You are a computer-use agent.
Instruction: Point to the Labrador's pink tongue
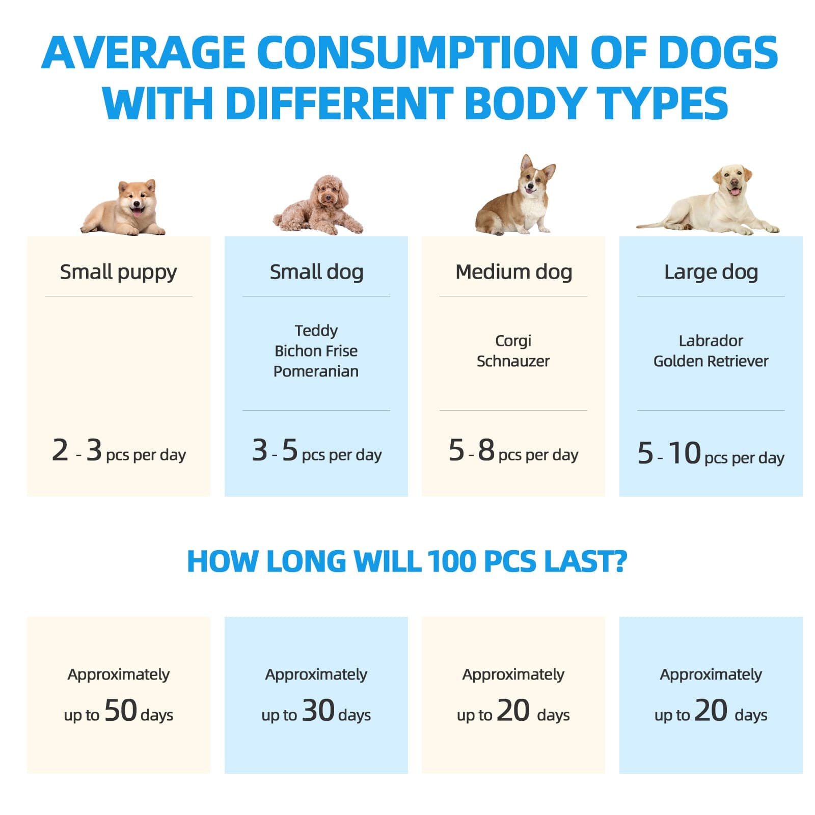[x=735, y=192]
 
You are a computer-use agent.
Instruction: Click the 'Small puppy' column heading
[x=118, y=272]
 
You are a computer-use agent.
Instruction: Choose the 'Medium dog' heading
[x=513, y=272]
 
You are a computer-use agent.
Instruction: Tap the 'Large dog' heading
[x=711, y=272]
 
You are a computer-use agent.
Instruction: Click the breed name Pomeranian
[x=316, y=371]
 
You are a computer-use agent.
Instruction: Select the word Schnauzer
[x=513, y=361]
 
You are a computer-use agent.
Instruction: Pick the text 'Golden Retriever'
[x=711, y=361]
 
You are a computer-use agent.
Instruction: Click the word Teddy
[x=316, y=331]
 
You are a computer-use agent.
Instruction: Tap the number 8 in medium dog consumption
[x=486, y=450]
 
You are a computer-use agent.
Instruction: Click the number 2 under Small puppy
[x=60, y=450]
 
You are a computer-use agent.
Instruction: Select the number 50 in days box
[x=121, y=710]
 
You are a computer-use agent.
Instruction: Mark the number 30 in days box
[x=318, y=710]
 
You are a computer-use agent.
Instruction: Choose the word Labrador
[x=711, y=341]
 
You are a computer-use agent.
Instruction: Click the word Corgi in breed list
[x=513, y=341]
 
